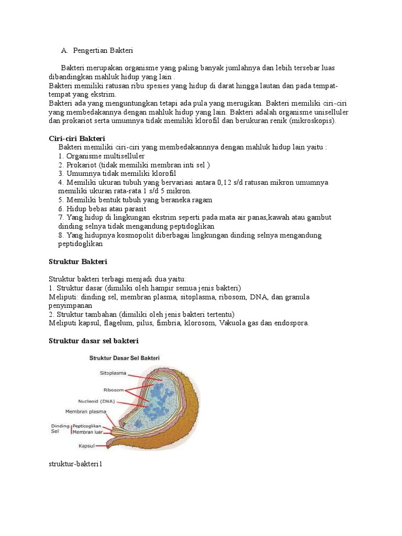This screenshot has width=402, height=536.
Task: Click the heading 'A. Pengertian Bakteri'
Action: [x=97, y=50]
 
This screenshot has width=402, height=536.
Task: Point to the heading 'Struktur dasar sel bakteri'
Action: [x=93, y=341]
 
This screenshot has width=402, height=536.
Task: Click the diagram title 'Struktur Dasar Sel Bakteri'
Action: [x=125, y=358]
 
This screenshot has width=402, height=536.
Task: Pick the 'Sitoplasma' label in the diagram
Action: [x=113, y=373]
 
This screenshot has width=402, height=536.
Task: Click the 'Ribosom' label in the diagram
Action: [x=114, y=389]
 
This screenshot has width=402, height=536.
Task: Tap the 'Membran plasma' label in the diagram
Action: [x=85, y=411]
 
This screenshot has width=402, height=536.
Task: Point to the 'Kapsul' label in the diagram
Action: [x=86, y=446]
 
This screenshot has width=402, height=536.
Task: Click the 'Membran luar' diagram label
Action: [x=87, y=432]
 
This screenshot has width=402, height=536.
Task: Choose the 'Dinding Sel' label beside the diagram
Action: [x=59, y=429]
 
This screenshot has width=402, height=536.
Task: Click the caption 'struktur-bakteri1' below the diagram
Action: [x=74, y=464]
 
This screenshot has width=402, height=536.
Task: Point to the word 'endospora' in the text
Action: [x=291, y=323]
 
